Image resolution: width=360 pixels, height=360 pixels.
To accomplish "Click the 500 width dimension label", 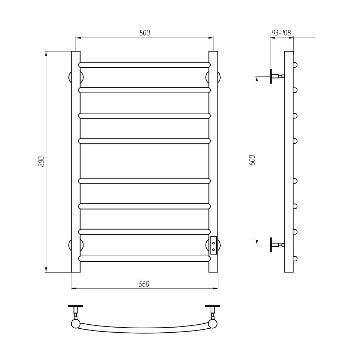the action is click(x=145, y=33).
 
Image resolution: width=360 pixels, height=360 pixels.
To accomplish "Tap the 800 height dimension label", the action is click(x=41, y=161).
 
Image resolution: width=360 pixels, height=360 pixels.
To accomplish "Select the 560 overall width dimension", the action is click(x=144, y=284).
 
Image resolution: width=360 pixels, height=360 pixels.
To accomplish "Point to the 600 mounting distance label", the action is click(x=252, y=160).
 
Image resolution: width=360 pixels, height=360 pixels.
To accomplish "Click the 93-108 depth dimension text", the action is click(x=281, y=33).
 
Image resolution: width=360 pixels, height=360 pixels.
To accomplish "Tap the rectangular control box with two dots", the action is click(x=213, y=245).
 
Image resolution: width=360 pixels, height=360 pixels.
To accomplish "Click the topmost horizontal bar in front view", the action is click(x=144, y=65).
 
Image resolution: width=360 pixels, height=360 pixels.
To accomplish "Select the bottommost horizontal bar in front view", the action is click(x=144, y=258).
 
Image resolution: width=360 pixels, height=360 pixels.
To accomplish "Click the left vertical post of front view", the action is click(x=76, y=162).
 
